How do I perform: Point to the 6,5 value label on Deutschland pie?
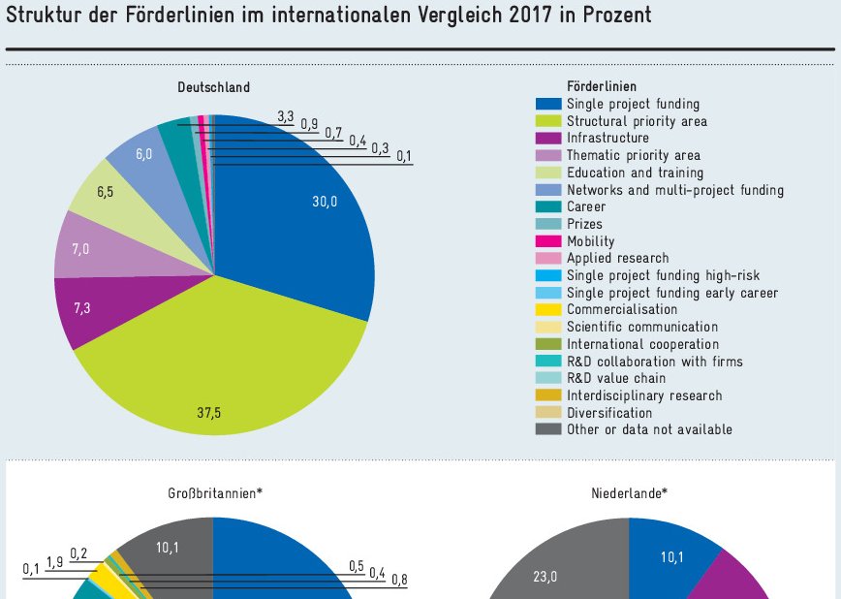[x=105, y=192]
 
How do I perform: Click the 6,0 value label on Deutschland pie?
[x=143, y=154]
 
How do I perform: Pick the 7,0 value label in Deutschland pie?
[x=80, y=249]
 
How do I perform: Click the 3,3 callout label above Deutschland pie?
[x=285, y=116]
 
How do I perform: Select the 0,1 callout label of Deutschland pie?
[x=403, y=156]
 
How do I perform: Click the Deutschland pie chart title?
[x=213, y=87]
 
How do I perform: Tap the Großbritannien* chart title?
[x=213, y=493]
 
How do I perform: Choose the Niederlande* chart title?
[x=629, y=493]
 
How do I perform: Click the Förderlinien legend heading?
[x=602, y=86]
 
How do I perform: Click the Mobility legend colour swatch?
[x=548, y=241]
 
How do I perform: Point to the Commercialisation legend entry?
[x=622, y=310]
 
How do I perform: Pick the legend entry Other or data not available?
[x=649, y=430]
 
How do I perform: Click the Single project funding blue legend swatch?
[x=548, y=104]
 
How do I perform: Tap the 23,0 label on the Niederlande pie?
[x=545, y=576]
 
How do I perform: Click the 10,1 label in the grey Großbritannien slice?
[x=168, y=548]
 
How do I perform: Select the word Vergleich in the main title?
[x=463, y=16]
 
